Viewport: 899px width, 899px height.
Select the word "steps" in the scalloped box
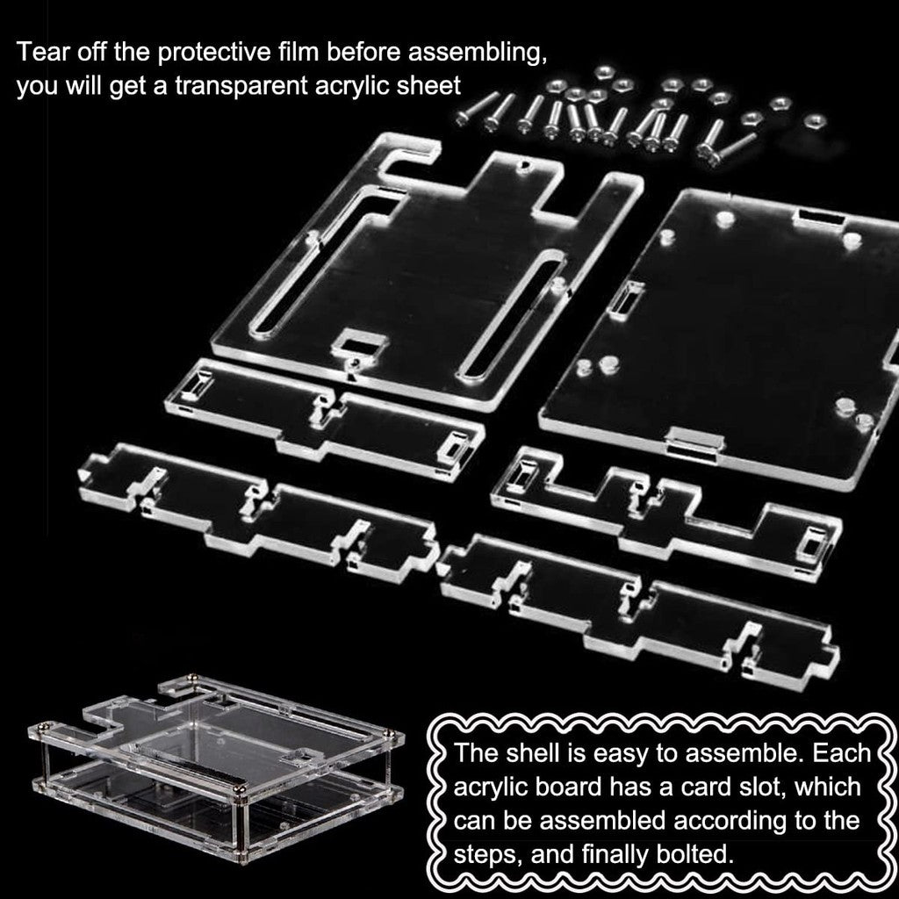pos(488,856)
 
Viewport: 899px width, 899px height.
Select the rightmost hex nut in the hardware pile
pos(814,121)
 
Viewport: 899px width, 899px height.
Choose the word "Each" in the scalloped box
pos(842,752)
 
